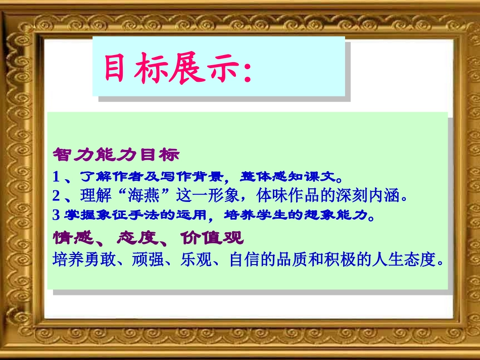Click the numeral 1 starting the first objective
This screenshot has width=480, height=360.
coord(56,177)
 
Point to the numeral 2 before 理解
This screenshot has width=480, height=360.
coord(56,195)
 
